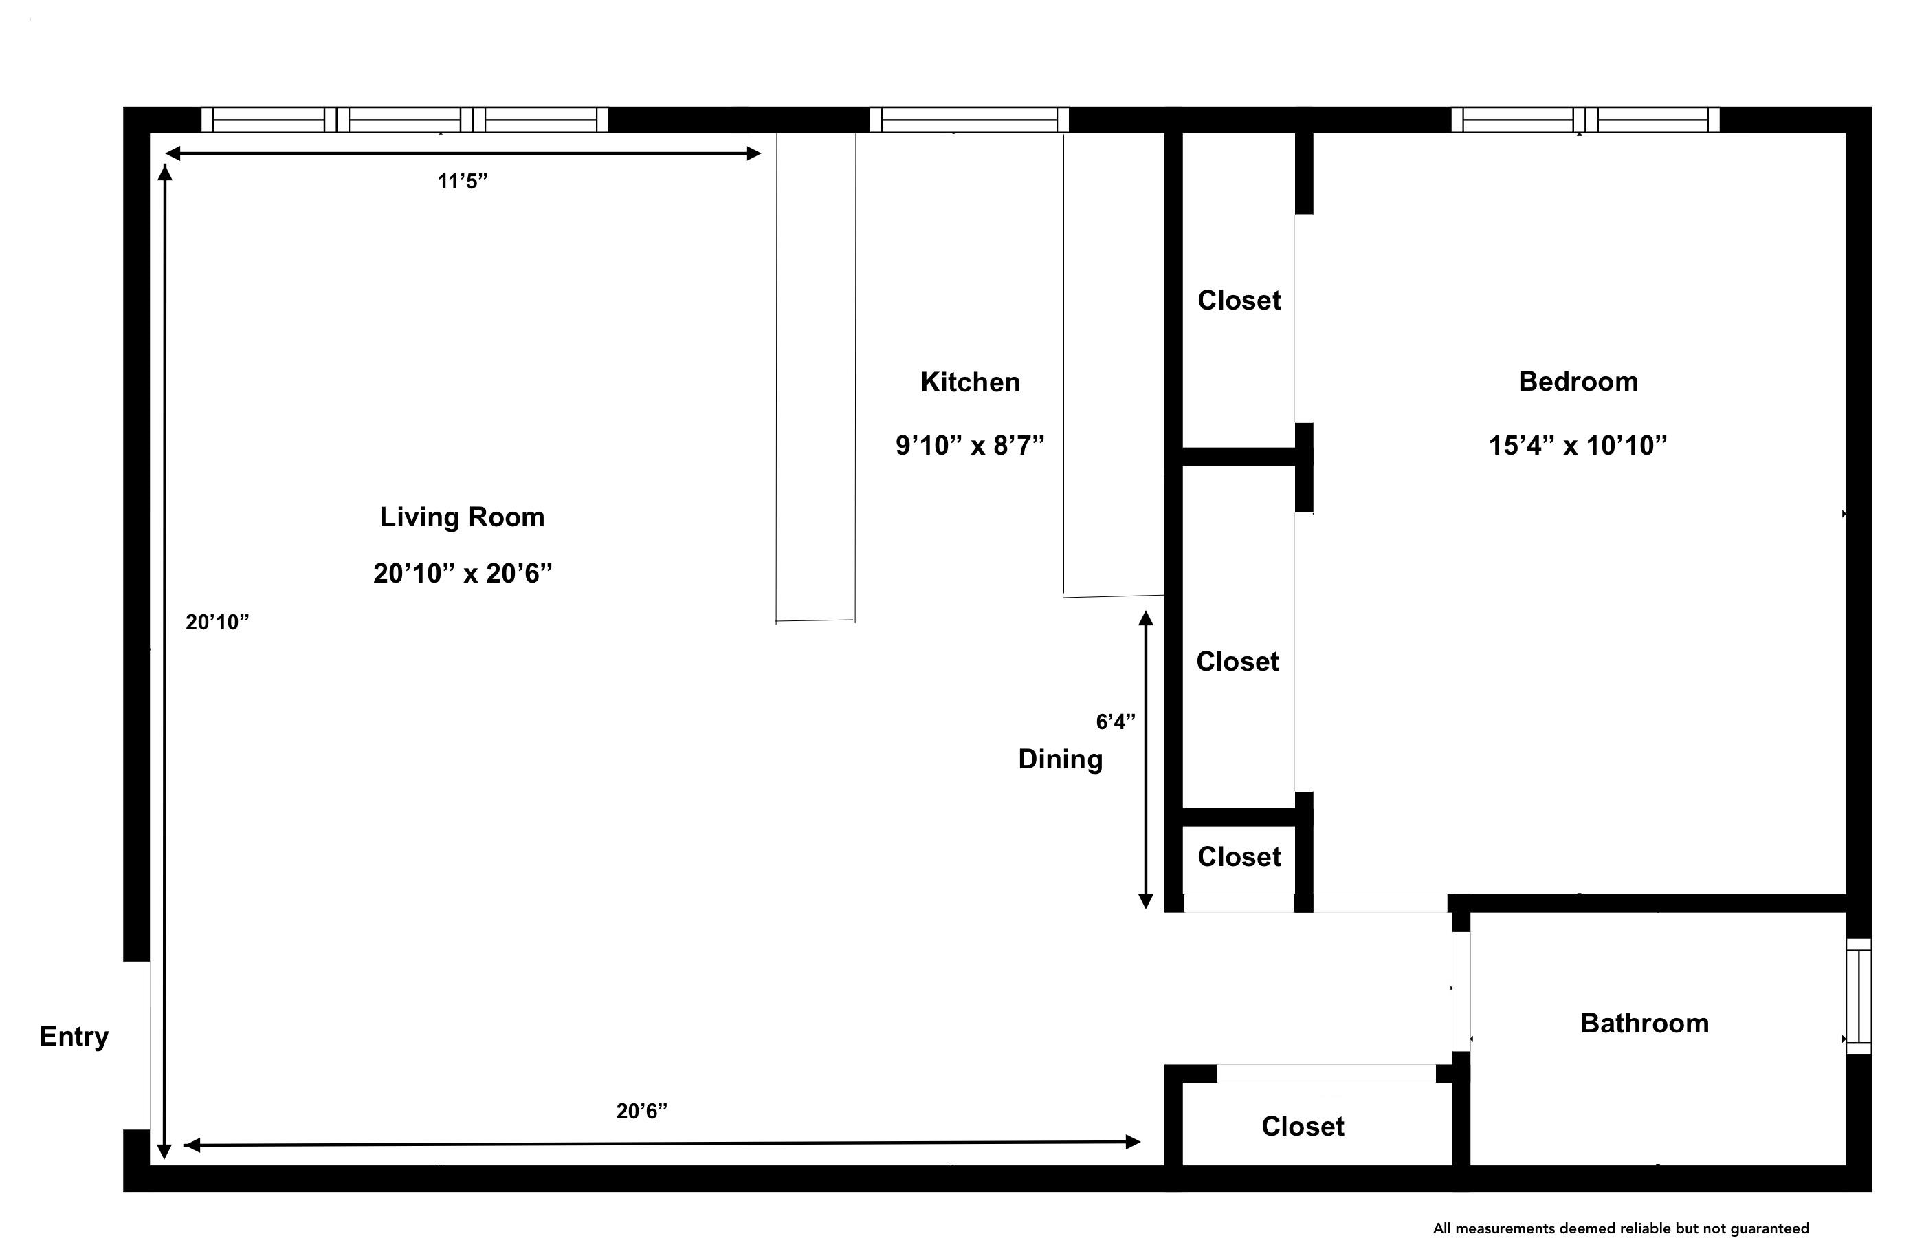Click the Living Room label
click(462, 517)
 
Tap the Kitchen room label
click(970, 382)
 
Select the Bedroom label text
click(1578, 381)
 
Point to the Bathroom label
click(1644, 1023)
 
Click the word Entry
click(74, 1036)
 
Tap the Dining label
click(1060, 759)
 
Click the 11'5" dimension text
click(463, 181)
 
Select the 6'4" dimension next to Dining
click(1115, 722)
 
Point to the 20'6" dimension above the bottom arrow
click(641, 1112)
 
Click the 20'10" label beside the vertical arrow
click(217, 622)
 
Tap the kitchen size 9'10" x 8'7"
click(970, 446)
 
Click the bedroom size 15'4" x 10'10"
click(1578, 446)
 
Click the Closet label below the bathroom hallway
click(1303, 1126)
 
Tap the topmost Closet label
click(1239, 300)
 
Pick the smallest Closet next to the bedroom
click(1239, 856)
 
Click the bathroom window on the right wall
click(1859, 997)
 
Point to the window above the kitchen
click(969, 120)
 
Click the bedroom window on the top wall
click(1584, 120)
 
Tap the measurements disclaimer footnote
click(1620, 1228)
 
